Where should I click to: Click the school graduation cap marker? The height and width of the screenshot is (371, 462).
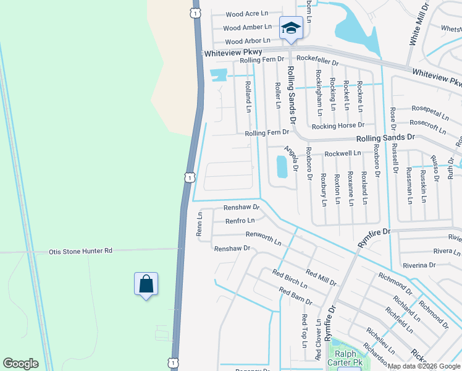(291, 28)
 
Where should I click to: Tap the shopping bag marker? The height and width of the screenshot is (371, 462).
(146, 284)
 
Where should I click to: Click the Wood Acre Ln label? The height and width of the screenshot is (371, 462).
(246, 14)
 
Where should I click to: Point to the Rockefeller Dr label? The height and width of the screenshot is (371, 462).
(318, 63)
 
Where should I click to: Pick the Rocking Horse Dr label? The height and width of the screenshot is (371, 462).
(338, 126)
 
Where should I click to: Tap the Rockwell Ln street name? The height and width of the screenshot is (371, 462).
(343, 153)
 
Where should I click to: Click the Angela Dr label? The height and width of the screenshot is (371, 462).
(291, 158)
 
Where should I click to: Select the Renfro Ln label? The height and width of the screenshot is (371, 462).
(240, 220)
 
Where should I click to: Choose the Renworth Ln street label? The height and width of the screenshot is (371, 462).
(263, 236)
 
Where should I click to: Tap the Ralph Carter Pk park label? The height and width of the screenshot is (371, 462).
(346, 358)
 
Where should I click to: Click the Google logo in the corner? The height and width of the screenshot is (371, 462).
(20, 364)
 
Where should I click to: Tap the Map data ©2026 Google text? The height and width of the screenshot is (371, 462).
(424, 366)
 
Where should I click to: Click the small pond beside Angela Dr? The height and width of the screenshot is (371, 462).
(282, 166)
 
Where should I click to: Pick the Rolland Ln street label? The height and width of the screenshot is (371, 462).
(248, 96)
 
